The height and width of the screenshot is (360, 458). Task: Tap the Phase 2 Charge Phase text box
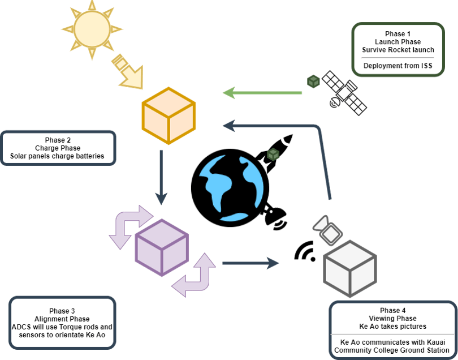[x=58, y=148]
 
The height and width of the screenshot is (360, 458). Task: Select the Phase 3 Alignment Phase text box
[x=62, y=323]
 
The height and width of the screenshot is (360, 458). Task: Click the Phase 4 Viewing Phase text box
[x=392, y=329]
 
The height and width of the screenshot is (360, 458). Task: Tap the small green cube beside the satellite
[x=313, y=82]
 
